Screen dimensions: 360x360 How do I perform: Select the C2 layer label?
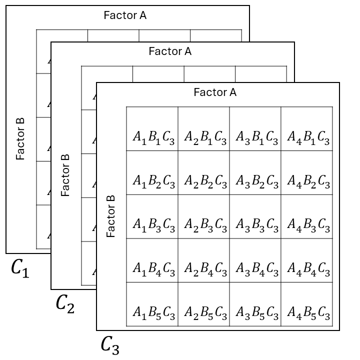tap(65, 303)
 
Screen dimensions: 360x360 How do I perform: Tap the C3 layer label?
tap(110, 344)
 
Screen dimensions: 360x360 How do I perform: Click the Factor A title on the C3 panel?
tap(215, 92)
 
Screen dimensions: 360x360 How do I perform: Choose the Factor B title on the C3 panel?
tap(111, 216)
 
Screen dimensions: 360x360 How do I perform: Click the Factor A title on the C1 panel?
tap(125, 15)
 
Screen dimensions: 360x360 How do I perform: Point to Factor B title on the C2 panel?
tap(65, 174)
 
